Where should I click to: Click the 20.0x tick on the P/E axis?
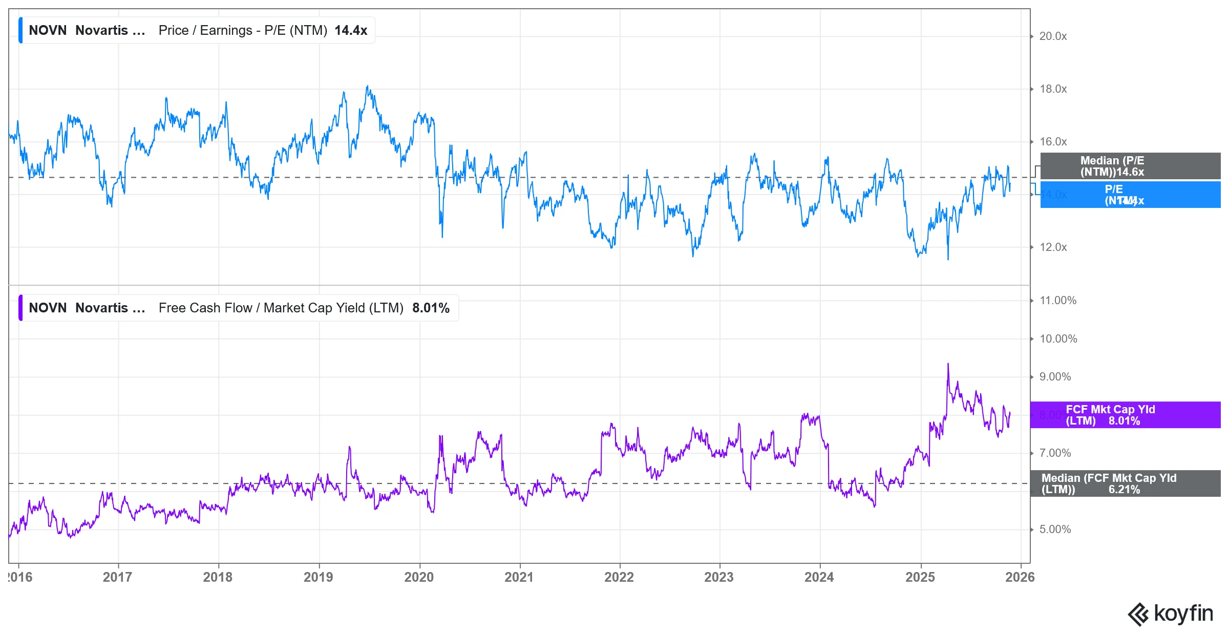pos(1053,36)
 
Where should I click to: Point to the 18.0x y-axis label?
pos(1053,89)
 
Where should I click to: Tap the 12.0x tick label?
pos(1053,247)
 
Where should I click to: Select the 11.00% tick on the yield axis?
pos(1057,301)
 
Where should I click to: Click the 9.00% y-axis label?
pos(1055,377)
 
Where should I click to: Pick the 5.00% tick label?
pos(1055,530)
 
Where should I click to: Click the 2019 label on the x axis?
pos(318,577)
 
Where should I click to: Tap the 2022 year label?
pos(619,577)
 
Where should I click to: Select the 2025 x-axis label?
pos(920,577)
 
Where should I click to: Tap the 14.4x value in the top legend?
pos(351,31)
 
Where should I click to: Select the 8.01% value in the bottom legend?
pos(431,308)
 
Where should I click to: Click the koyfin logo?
pos(1170,613)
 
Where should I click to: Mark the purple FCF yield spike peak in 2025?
pos(948,364)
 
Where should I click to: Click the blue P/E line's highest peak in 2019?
pos(367,87)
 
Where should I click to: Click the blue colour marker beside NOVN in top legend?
pos(20,31)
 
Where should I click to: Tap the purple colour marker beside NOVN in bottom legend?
pos(20,308)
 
